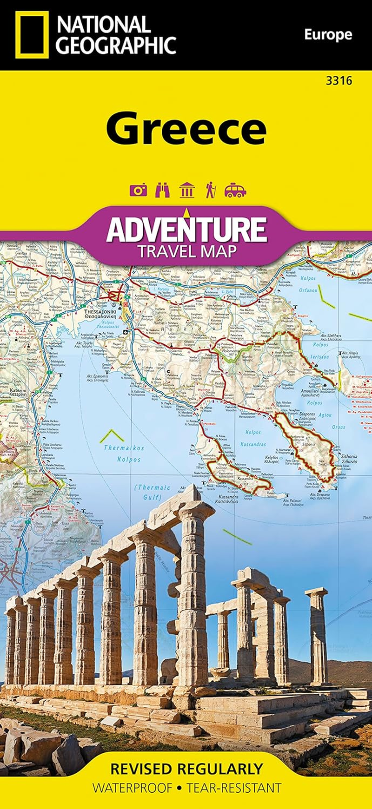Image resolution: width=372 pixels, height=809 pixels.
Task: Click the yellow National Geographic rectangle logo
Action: click(x=32, y=35)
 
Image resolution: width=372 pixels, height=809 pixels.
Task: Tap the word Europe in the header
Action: click(x=328, y=35)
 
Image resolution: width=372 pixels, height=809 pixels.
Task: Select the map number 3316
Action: click(x=339, y=81)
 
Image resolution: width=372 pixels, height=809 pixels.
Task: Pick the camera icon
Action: click(x=138, y=190)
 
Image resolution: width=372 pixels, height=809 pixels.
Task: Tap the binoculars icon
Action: click(x=162, y=190)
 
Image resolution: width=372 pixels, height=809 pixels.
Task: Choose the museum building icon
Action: click(x=186, y=190)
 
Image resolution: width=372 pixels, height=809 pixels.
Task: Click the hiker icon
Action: click(x=210, y=190)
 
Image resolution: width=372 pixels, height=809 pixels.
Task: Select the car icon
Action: click(x=235, y=191)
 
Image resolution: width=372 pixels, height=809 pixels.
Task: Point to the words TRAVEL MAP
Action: click(x=186, y=251)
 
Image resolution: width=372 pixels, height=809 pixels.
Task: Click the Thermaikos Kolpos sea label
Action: click(x=124, y=454)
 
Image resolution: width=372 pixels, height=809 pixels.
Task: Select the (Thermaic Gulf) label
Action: click(x=152, y=492)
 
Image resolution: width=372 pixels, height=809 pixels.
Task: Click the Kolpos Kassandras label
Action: click(x=253, y=438)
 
